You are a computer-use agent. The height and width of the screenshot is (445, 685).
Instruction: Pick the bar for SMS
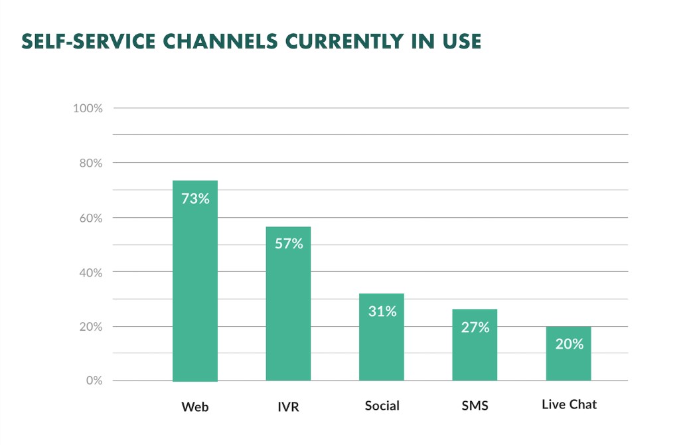pos(475,345)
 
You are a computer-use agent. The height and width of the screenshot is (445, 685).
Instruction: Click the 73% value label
pos(195,198)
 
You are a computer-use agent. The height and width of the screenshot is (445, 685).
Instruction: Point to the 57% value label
pos(289,244)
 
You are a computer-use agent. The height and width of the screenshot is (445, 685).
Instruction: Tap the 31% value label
pos(382,311)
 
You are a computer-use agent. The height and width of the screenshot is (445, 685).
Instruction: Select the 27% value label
pos(475,327)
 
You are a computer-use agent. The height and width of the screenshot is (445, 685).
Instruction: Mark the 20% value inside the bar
pos(569,343)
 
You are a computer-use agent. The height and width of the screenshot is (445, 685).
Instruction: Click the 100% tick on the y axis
pos(88,108)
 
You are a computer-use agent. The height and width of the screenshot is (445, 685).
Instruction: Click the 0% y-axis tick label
pos(94,381)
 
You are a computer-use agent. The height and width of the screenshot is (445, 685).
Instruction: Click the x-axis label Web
pos(195,406)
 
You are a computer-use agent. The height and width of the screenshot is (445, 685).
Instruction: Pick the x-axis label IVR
pos(288,406)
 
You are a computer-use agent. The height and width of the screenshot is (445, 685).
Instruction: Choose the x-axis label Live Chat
pos(569,404)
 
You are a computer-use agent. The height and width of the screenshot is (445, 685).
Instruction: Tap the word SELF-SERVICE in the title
pos(82,41)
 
